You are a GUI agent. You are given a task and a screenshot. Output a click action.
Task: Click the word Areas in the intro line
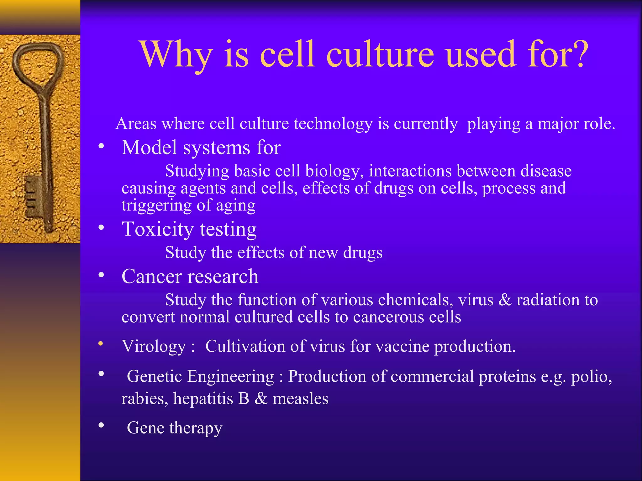tap(136, 123)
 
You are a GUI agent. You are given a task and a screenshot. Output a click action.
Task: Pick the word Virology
tap(154, 347)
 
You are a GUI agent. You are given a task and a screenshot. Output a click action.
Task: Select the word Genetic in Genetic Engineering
tap(154, 376)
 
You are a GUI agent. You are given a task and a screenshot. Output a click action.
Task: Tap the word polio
tap(591, 376)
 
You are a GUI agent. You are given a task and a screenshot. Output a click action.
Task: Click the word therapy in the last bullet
tap(196, 428)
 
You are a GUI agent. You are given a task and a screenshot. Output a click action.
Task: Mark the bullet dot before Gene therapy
tap(101, 425)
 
